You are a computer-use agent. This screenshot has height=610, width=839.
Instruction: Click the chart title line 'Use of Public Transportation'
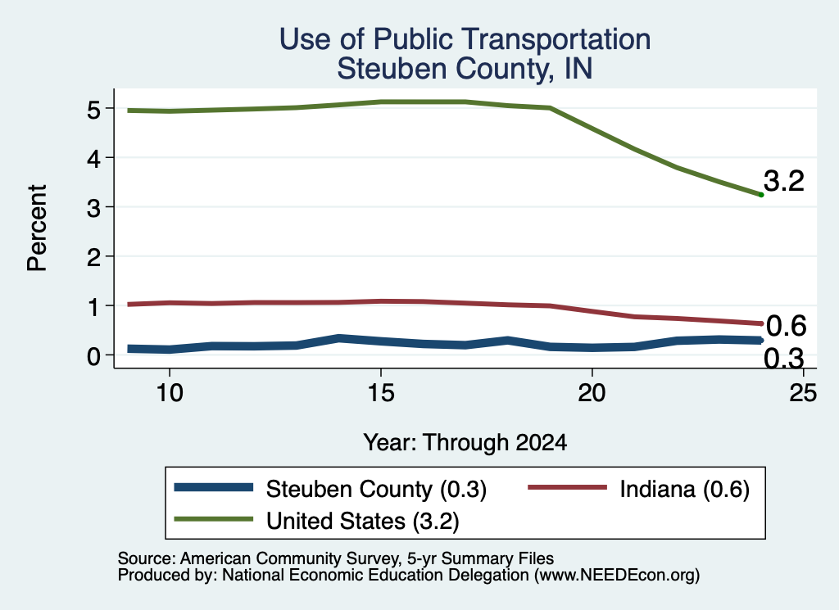click(x=465, y=39)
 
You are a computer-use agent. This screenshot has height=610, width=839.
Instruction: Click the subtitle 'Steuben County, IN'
click(x=465, y=69)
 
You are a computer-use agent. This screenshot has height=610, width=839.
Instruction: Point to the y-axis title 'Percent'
click(x=37, y=228)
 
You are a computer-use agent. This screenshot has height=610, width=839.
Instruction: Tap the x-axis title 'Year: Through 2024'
click(x=465, y=443)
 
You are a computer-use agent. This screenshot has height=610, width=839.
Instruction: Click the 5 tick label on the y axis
click(x=93, y=110)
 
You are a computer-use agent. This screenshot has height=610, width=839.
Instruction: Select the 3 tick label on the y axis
click(x=93, y=208)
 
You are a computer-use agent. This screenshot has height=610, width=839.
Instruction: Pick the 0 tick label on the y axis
click(x=93, y=356)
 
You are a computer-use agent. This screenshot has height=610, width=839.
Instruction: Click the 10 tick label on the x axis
click(x=170, y=393)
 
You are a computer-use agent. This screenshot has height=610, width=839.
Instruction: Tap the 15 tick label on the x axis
click(x=381, y=393)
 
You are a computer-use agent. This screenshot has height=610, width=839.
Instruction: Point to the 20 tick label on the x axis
click(x=592, y=393)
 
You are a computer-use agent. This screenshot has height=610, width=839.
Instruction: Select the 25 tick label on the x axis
click(x=803, y=393)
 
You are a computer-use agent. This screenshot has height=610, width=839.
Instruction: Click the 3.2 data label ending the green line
click(x=784, y=181)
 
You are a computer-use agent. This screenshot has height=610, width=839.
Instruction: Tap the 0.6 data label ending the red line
click(x=786, y=326)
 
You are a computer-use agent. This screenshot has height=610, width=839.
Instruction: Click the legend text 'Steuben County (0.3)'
click(x=376, y=489)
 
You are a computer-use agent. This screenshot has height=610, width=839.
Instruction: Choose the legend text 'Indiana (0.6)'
click(x=684, y=489)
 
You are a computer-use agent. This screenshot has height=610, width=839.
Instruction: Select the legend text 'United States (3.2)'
click(x=363, y=521)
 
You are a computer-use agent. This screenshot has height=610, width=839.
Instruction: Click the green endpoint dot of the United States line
click(x=761, y=195)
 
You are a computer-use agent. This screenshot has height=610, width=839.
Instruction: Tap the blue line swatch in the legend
click(x=214, y=487)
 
